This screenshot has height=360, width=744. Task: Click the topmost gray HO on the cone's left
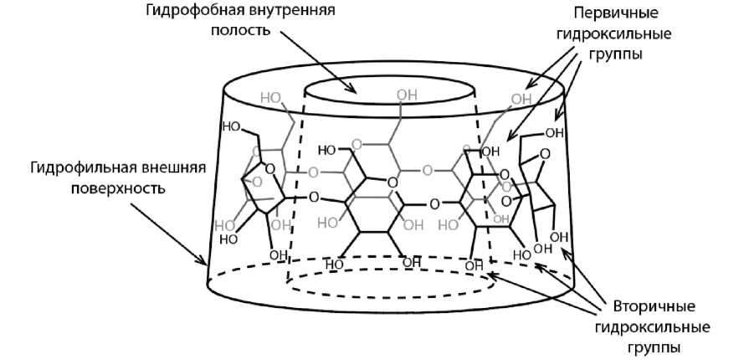pyautogui.click(x=270, y=98)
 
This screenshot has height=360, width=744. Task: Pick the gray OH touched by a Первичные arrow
pyautogui.click(x=521, y=100)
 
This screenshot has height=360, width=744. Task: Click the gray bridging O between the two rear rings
pyautogui.click(x=427, y=172)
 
